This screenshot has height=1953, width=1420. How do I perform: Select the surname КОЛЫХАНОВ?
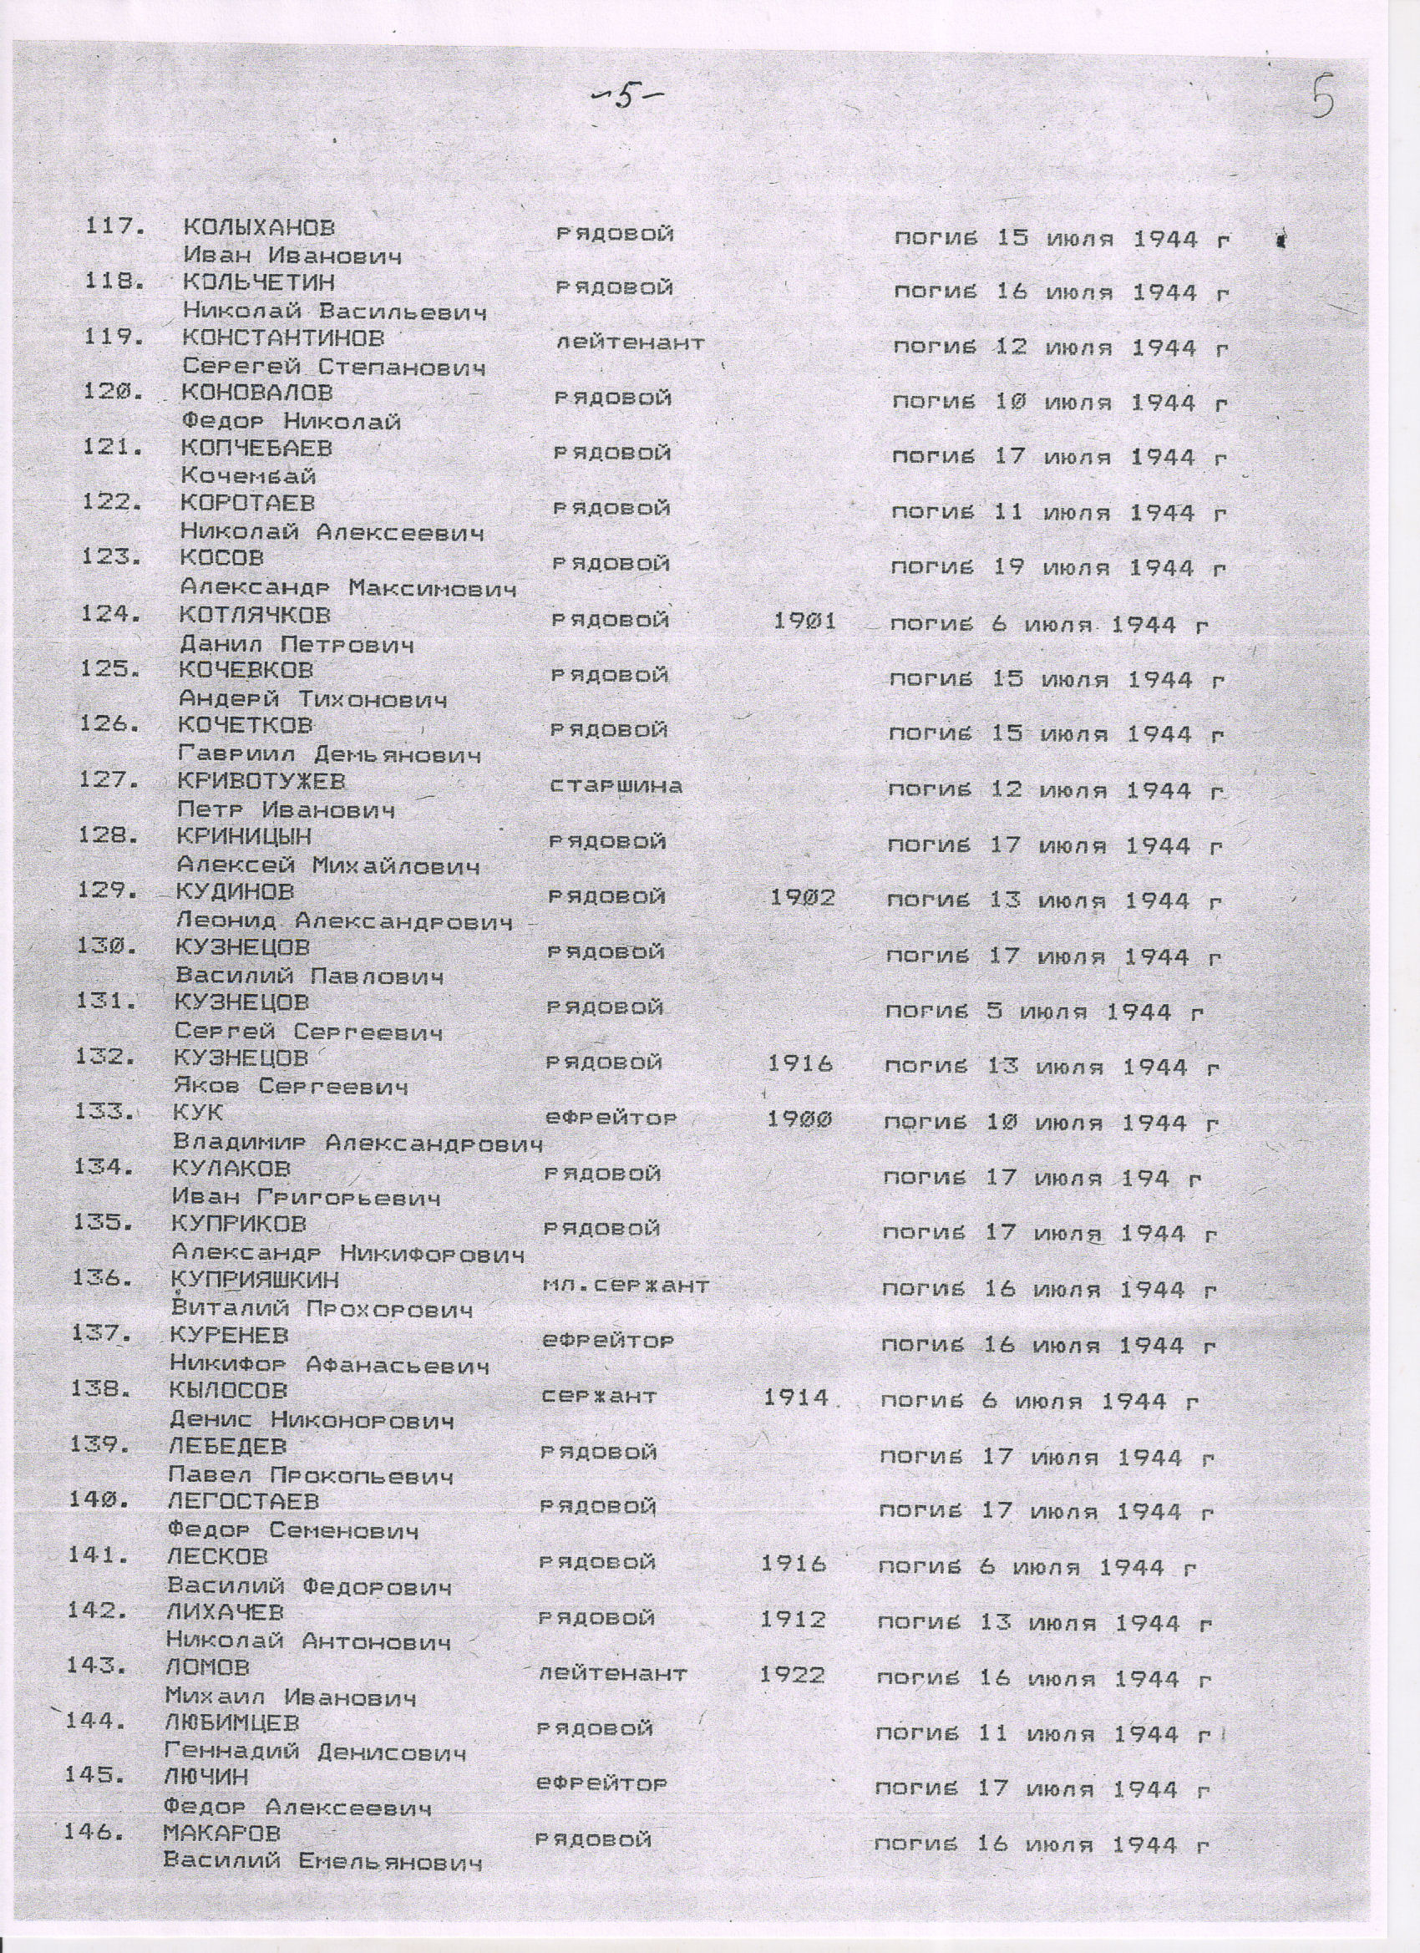[259, 228]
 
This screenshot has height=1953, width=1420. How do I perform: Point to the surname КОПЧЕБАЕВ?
[256, 448]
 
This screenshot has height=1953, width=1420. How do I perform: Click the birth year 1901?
[805, 620]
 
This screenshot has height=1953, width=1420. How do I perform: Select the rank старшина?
[616, 785]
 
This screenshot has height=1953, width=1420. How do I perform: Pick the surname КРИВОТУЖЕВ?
[261, 781]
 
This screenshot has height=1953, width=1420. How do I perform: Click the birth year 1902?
[803, 897]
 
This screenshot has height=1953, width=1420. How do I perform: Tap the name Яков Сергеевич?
[291, 1087]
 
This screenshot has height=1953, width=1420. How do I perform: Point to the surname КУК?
[198, 1113]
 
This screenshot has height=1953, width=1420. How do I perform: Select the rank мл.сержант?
[626, 1286]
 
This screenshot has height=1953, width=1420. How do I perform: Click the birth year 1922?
[792, 1674]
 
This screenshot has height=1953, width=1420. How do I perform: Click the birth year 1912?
[793, 1619]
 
